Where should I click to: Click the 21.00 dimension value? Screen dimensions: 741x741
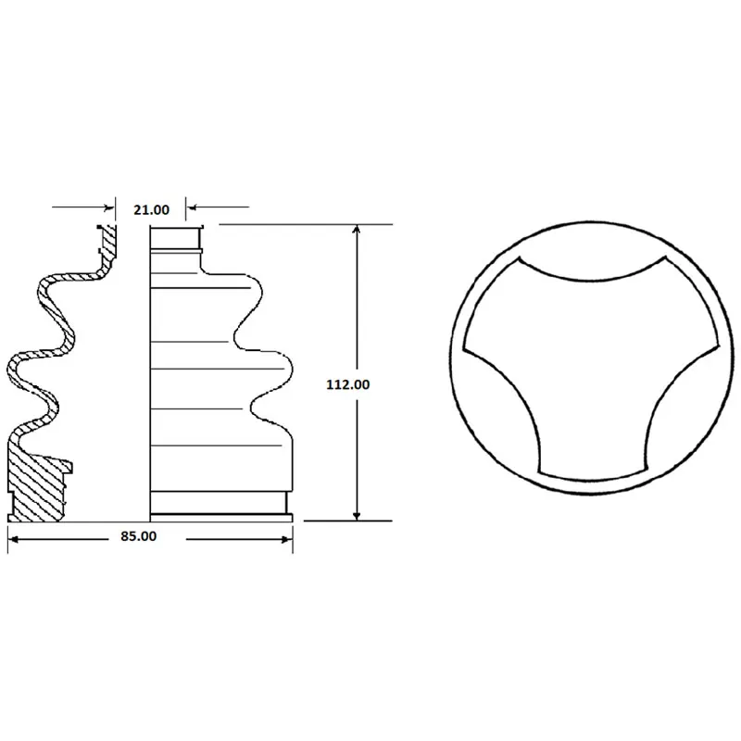(x=151, y=209)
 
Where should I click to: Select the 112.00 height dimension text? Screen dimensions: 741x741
(x=348, y=384)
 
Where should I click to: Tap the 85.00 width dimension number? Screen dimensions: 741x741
(x=138, y=536)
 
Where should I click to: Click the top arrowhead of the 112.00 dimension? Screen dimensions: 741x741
(x=357, y=230)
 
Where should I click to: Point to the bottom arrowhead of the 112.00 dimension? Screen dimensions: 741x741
(x=357, y=516)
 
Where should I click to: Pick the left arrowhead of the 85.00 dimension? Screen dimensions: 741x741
(x=13, y=539)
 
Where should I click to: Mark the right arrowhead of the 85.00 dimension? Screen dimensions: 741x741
(x=287, y=539)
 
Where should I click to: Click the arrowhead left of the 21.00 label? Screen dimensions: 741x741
(x=109, y=207)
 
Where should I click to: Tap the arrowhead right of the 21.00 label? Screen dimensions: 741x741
(x=191, y=207)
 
